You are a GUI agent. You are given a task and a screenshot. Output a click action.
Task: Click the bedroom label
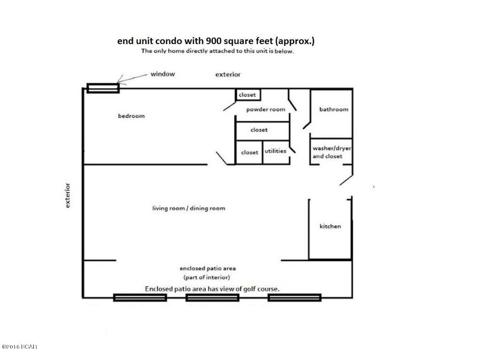pos(131,116)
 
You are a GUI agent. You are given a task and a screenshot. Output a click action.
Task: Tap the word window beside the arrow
pos(162,74)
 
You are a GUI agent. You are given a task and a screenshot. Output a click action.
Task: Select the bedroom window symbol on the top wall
pos(103,88)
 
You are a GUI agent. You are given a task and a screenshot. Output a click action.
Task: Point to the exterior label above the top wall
pos(228,75)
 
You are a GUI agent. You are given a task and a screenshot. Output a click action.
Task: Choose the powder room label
pos(266,109)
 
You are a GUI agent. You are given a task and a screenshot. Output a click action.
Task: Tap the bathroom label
pos(334,109)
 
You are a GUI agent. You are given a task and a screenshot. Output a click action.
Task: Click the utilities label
pos(275,151)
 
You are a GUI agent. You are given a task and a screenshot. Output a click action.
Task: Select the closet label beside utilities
pos(249,152)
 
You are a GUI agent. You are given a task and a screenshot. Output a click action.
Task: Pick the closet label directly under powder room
pos(259,130)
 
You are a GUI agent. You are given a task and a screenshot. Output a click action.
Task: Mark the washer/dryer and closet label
pos(332,152)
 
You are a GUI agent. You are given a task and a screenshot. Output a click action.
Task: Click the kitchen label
pos(330,226)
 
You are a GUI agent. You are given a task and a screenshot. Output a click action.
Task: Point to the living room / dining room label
pos(188,208)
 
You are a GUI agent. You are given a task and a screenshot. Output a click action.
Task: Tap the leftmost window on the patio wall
pos(140,297)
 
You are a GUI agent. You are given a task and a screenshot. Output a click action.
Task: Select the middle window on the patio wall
pos(213,297)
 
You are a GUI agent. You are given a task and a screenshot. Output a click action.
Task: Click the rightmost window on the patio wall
pos(294,297)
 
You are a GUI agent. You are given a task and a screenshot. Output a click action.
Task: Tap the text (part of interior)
pos(207,277)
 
